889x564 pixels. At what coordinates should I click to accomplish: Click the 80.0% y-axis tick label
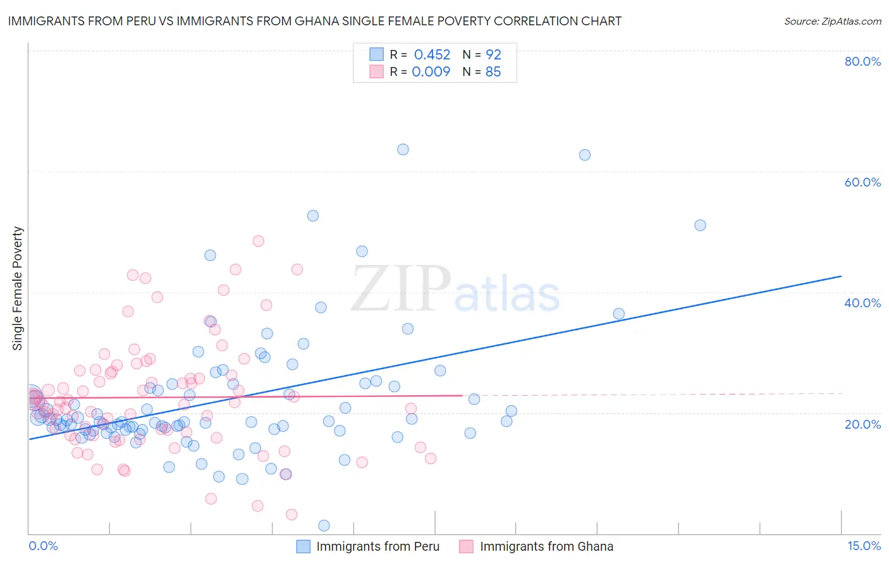pos(862,61)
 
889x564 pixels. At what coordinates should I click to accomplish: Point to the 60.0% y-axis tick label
pos(862,182)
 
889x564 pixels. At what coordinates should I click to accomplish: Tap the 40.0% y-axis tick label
pos(862,303)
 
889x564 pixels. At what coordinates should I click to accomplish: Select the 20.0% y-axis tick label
pos(862,424)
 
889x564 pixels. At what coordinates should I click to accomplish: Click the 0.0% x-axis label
pos(43,546)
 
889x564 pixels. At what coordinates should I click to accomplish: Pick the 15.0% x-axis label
pos(864,546)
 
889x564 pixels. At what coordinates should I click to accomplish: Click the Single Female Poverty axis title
pos(18,288)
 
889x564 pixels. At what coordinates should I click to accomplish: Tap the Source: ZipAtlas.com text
pos(832,21)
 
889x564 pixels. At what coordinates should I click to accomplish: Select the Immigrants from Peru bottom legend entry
pos(377,547)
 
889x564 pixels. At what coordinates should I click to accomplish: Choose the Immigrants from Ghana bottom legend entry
pos(546,547)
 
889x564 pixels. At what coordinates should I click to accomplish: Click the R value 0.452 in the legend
pos(432,55)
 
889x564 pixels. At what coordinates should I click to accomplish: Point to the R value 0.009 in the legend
pos(431,72)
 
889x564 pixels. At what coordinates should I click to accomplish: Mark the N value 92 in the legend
pos(493,55)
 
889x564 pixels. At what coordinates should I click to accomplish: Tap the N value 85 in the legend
pos(493,72)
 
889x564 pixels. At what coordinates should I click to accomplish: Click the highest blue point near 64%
pos(403,150)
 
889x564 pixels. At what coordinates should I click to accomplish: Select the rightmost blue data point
pos(700,225)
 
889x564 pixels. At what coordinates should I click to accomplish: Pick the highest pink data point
pos(258,241)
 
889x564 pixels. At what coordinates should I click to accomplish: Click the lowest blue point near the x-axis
pos(324,525)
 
